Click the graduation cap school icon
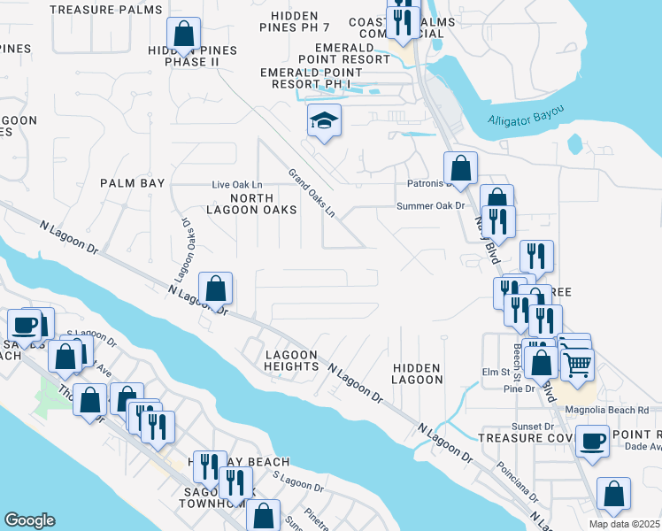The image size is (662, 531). (x=324, y=121)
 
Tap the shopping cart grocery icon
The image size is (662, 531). (x=577, y=364)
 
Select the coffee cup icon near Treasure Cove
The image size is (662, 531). (x=592, y=441)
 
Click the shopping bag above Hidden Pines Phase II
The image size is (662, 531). (x=183, y=35)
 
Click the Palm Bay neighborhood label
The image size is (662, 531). (x=133, y=183)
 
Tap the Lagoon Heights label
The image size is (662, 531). (x=292, y=359)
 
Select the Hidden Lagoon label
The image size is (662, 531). (x=417, y=373)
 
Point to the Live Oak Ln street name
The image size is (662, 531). (x=237, y=184)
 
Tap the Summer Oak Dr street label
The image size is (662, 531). (x=430, y=206)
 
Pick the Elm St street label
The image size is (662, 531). (x=491, y=373)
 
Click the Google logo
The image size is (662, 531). (x=29, y=520)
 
